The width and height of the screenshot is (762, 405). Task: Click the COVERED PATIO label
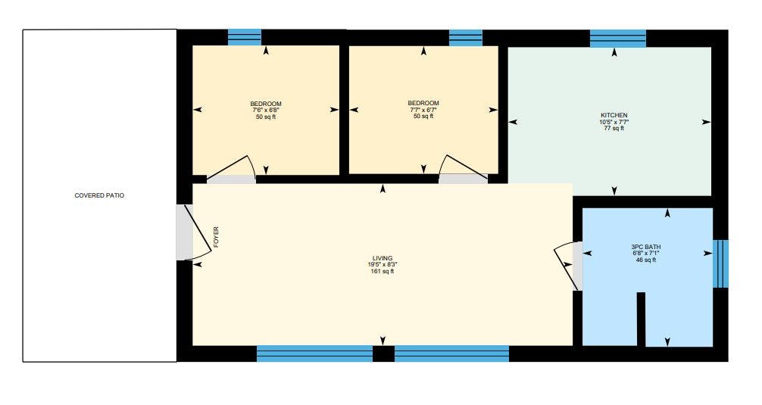(99, 195)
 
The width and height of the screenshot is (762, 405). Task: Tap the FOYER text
(217, 237)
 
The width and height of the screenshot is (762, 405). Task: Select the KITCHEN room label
(614, 115)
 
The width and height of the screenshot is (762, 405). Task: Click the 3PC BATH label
(646, 247)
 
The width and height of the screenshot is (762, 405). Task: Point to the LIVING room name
(383, 258)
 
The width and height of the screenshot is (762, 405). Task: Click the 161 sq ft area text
(383, 272)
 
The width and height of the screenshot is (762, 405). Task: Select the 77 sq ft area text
(614, 128)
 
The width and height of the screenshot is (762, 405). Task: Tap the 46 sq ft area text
(646, 260)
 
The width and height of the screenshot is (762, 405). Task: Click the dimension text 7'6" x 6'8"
(266, 111)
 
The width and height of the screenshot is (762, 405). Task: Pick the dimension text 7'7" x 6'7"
(423, 109)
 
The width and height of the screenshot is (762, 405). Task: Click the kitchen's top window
(617, 39)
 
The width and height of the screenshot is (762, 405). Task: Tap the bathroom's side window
(720, 263)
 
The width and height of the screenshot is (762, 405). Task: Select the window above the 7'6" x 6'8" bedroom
(245, 37)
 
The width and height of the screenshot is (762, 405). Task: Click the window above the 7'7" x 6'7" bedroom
(466, 38)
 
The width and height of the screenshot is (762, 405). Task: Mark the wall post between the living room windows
(383, 354)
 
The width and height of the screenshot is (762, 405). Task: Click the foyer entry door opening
(185, 232)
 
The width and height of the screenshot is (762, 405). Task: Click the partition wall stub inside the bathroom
(641, 319)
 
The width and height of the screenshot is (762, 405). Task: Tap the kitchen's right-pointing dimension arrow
(706, 122)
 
